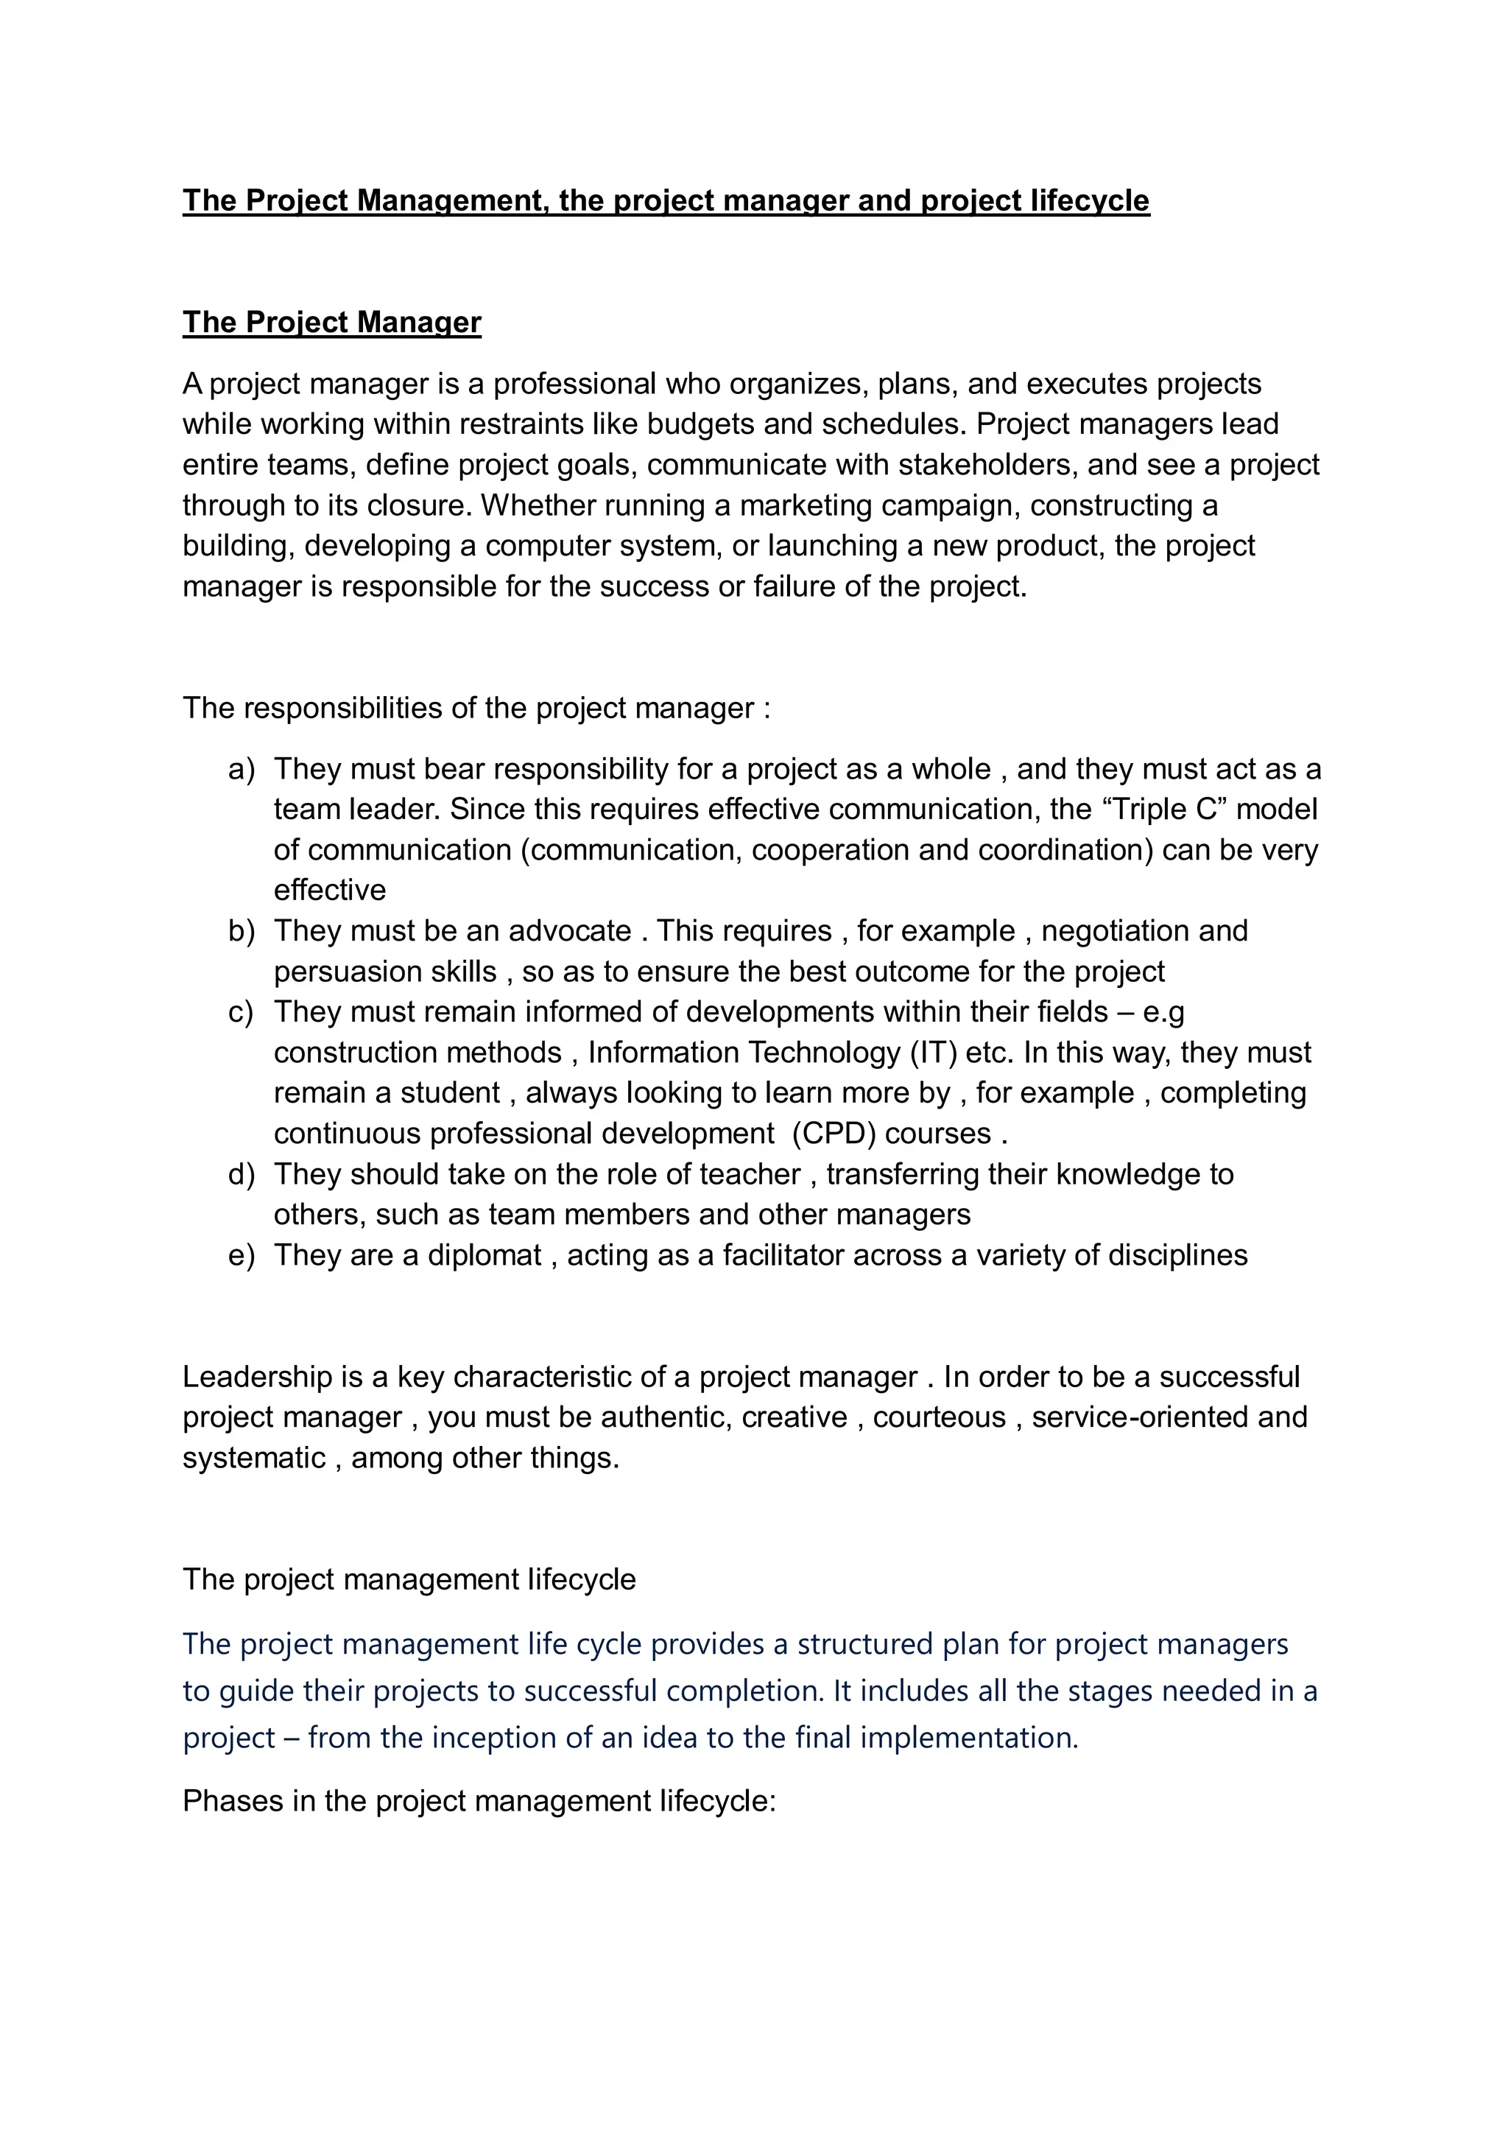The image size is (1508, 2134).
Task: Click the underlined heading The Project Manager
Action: (x=331, y=322)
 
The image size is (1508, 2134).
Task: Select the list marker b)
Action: (x=241, y=930)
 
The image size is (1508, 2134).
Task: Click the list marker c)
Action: (x=241, y=1011)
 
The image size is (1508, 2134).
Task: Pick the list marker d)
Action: (x=241, y=1174)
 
